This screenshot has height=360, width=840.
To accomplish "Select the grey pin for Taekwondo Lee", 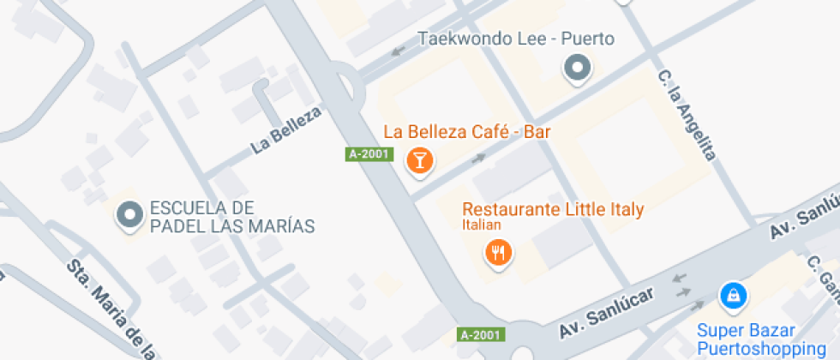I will tap(578, 67).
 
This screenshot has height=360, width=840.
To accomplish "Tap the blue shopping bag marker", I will tap(733, 297).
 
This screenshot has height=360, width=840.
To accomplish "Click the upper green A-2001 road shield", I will tap(369, 154).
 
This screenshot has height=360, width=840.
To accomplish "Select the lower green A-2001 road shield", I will tap(481, 333).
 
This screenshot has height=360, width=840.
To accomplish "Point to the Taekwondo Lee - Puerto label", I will tap(516, 39).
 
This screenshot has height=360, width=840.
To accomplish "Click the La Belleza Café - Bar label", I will tap(467, 132).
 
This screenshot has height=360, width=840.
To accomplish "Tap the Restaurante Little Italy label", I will tap(553, 209).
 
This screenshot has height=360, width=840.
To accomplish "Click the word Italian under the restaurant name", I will tap(482, 225).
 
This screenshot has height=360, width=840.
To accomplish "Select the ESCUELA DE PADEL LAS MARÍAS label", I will tap(231, 217).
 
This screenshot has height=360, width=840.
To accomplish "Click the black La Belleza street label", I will tap(285, 130).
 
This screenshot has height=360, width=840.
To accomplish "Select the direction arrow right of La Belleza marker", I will tap(478, 159).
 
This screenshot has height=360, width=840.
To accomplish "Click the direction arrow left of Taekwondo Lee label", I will tap(398, 51).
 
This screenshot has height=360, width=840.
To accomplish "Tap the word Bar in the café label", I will tap(537, 132).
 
